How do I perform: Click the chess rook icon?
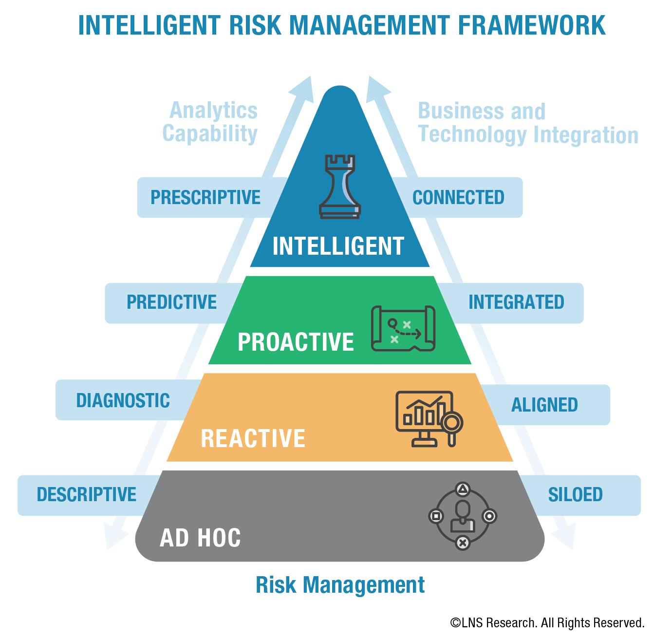coord(340,187)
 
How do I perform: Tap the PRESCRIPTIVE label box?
coord(205,198)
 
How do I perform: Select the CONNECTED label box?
coord(458,198)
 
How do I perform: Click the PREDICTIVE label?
coord(171,302)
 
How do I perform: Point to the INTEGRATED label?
coord(516,302)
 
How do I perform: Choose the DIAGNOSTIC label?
coord(123,401)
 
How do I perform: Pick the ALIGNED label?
coord(544,405)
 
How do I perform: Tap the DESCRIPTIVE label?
coord(87,495)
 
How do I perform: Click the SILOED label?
coord(575,495)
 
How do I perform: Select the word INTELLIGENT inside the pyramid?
coord(338,246)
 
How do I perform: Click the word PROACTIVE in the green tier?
coord(296,342)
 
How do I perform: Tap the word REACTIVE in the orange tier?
coord(253,438)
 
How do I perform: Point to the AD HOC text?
coord(200,538)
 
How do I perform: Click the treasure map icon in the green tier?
coord(403,328)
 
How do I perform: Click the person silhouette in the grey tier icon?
coord(462,517)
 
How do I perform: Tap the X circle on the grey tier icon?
coord(463,543)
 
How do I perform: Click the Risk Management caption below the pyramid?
coord(340,585)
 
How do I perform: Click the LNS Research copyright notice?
coord(547,623)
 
